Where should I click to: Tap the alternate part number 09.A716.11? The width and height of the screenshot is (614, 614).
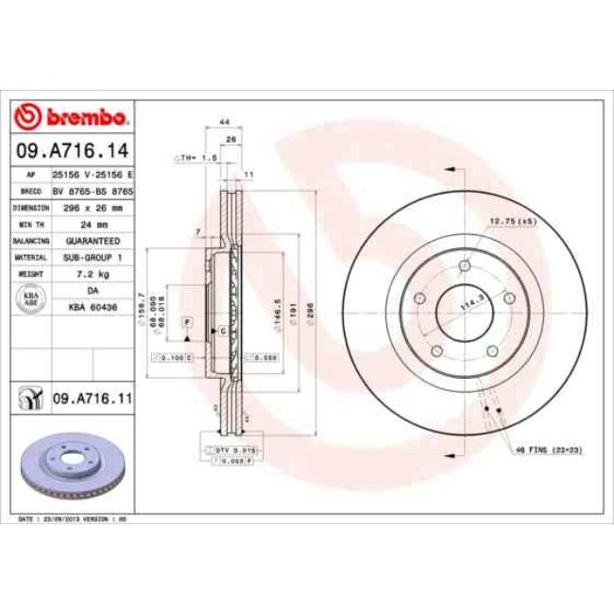tap(91, 400)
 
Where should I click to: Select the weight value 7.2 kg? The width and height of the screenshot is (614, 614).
tap(91, 273)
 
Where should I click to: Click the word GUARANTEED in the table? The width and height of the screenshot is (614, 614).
tap(91, 241)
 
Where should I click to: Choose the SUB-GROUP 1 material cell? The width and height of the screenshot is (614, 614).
tap(91, 257)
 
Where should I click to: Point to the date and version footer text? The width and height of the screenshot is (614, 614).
tap(74, 519)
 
